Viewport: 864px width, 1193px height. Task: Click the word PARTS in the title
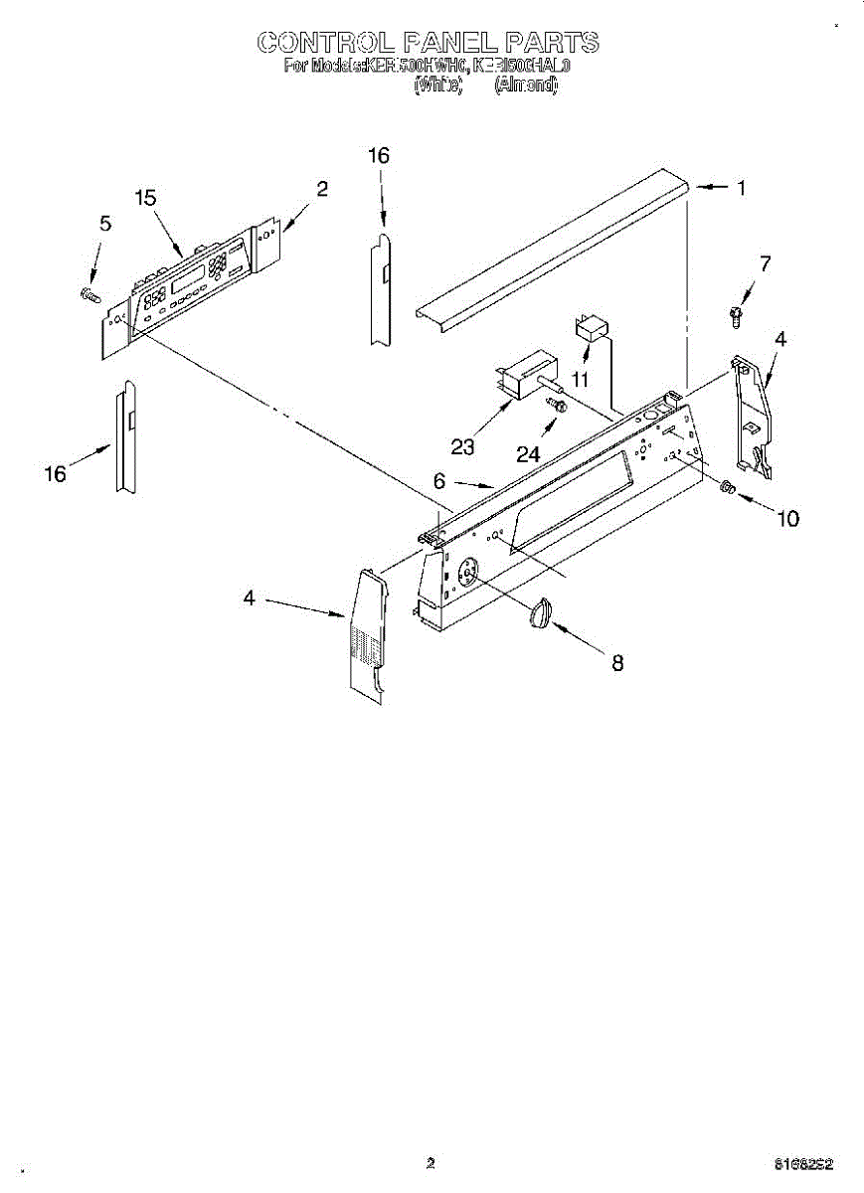(x=552, y=43)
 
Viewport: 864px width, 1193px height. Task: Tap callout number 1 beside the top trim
(x=741, y=188)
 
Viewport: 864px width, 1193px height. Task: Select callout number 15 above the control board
(x=146, y=198)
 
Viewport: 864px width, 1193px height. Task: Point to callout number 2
(x=322, y=188)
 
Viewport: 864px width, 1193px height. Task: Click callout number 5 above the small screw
(x=104, y=224)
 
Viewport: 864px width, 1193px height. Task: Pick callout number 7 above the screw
(x=764, y=263)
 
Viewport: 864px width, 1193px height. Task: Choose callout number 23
(x=462, y=446)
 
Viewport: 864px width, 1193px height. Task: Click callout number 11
(x=580, y=379)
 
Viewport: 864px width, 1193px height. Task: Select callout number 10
(x=787, y=518)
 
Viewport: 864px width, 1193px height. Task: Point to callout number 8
(x=617, y=663)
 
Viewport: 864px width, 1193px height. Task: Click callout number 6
(x=438, y=479)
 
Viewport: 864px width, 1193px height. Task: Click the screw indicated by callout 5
(x=89, y=293)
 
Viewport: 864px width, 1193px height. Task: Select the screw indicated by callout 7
(x=734, y=315)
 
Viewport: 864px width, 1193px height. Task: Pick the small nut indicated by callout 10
(x=727, y=487)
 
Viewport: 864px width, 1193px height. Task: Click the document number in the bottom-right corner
(x=804, y=1163)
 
